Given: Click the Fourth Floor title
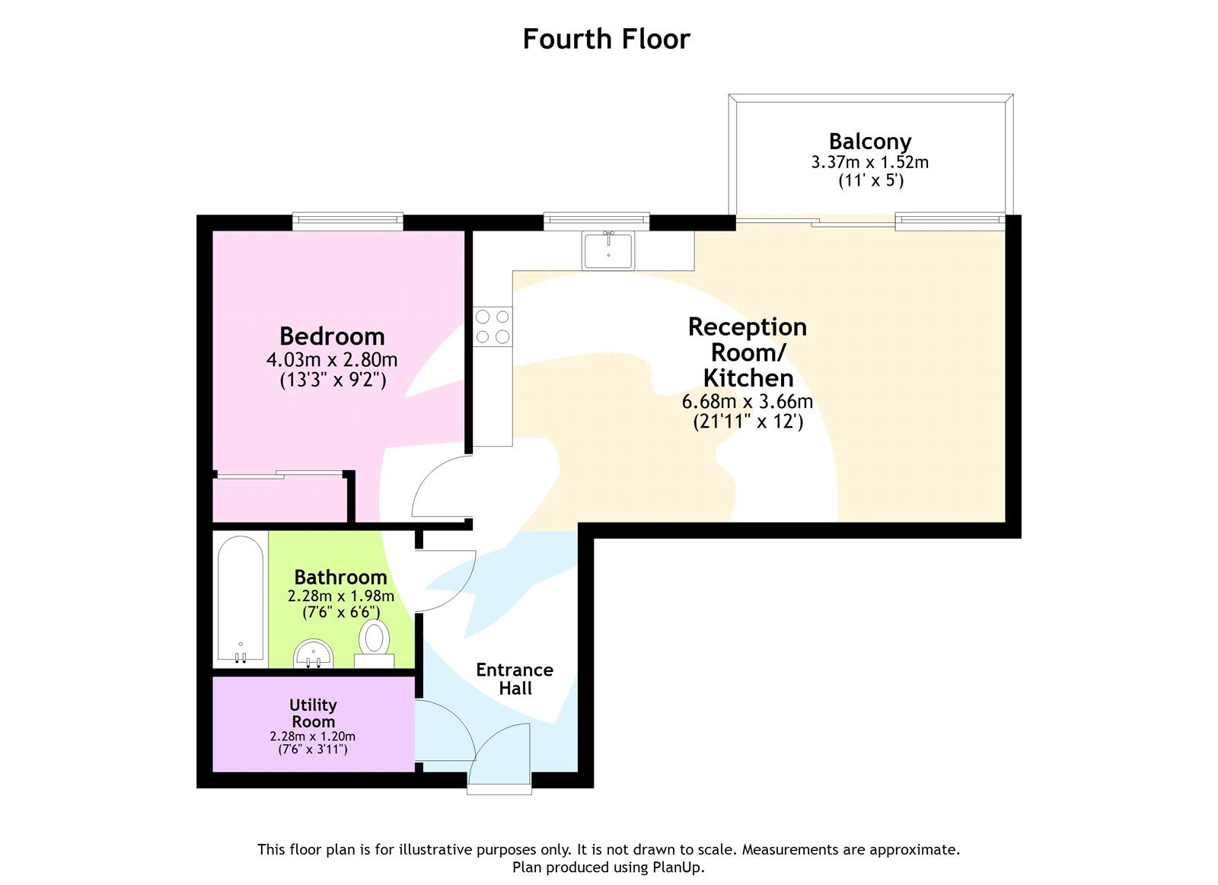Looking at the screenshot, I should pyautogui.click(x=606, y=39).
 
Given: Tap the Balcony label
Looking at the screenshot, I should pyautogui.click(x=869, y=142).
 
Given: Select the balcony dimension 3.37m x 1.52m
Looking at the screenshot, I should pyautogui.click(x=869, y=162).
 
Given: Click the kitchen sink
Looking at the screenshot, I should pyautogui.click(x=607, y=250).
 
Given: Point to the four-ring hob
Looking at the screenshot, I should pyautogui.click(x=493, y=326).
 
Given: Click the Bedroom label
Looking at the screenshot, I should pyautogui.click(x=332, y=336).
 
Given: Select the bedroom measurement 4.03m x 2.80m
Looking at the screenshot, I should pyautogui.click(x=332, y=360).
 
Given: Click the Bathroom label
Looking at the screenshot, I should pyautogui.click(x=340, y=577).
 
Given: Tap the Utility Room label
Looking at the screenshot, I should pyautogui.click(x=313, y=713).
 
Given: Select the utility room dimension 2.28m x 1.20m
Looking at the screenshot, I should pyautogui.click(x=313, y=737).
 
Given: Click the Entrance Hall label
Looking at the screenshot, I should pyautogui.click(x=515, y=679).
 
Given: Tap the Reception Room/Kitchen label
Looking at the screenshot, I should pyautogui.click(x=748, y=352).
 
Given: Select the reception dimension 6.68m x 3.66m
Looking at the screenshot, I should pyautogui.click(x=748, y=402).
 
